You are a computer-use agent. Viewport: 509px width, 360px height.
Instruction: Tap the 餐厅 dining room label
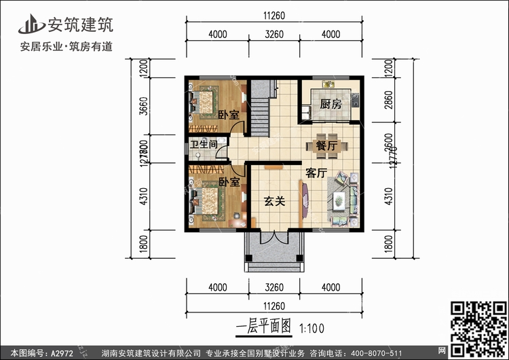[x=326, y=145]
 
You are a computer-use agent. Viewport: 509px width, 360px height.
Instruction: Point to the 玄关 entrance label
[x=274, y=201]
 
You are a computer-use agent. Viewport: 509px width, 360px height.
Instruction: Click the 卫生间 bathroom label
[x=203, y=145]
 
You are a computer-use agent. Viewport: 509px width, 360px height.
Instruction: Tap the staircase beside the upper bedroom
[x=259, y=109]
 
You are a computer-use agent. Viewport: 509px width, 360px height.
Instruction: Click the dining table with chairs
[x=320, y=145]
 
